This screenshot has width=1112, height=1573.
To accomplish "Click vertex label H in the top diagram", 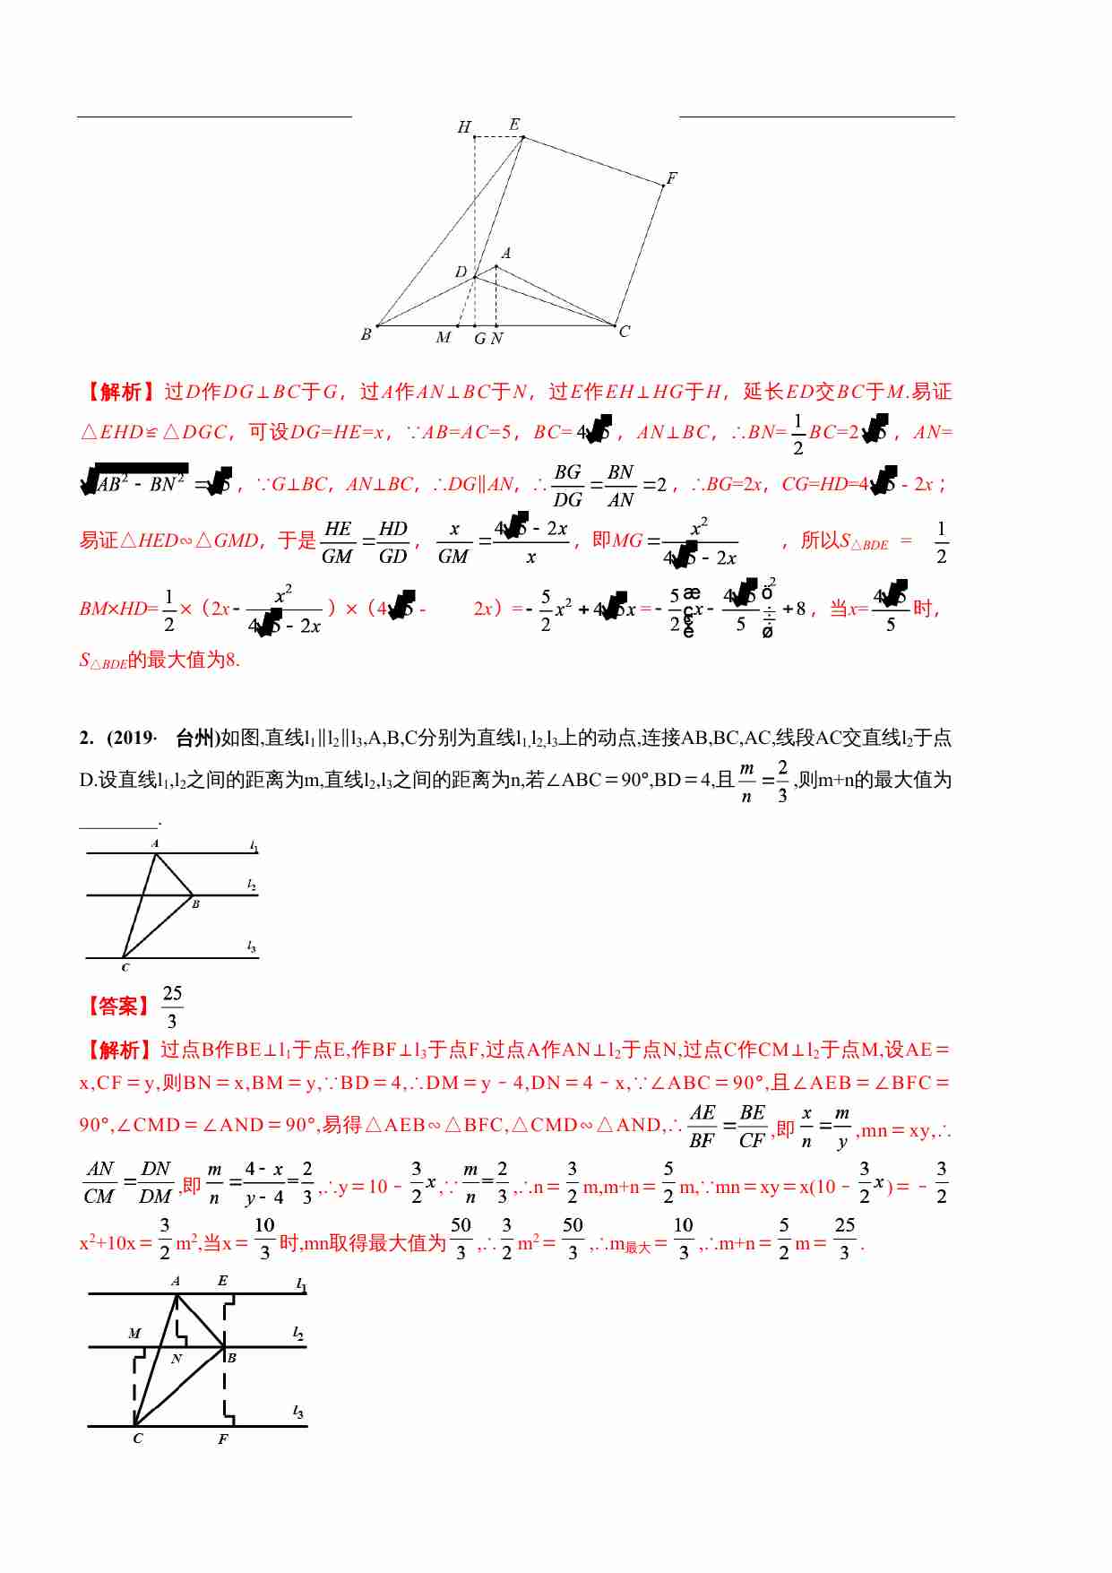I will tap(464, 127).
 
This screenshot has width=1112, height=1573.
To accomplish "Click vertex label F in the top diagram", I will tap(671, 178).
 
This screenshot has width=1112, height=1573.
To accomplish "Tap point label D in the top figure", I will tap(461, 272).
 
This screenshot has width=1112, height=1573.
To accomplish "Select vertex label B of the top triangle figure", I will tap(366, 334).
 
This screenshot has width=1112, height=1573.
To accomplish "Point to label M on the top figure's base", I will tap(444, 338).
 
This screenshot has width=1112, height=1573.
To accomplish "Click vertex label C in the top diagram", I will tap(625, 332).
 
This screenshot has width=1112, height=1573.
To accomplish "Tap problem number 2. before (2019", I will tap(86, 738).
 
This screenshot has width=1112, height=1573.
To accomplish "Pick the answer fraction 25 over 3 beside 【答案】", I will tap(172, 1007).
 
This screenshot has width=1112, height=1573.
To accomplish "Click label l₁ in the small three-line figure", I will tap(254, 846).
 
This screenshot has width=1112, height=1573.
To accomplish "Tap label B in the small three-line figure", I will tap(195, 904).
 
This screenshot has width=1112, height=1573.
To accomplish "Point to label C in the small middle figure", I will tap(125, 968).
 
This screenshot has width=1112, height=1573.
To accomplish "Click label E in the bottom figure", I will tap(222, 1281).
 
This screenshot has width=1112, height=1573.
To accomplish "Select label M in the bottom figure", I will tap(134, 1334).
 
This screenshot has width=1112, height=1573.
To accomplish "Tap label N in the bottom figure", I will tap(177, 1359).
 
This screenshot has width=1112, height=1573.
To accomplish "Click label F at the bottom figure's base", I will tap(222, 1439).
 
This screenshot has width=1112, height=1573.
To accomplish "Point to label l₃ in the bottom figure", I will tap(298, 1412).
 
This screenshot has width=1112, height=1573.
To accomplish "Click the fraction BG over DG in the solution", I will tap(567, 485).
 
